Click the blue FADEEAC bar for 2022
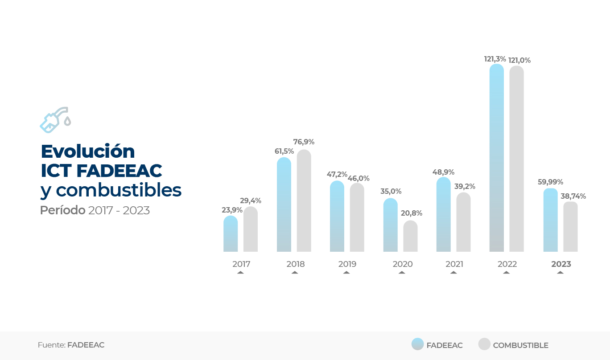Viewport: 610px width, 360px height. coord(496,158)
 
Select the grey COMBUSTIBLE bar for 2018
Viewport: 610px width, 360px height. coord(304,201)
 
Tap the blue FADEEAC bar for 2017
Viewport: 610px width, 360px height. coord(231,234)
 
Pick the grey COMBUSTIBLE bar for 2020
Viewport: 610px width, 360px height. coord(410,237)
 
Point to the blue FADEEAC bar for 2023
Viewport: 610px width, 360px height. coord(550,220)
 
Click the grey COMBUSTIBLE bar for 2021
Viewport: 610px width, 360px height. coord(463,222)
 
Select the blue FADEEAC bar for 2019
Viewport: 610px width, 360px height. coord(337,217)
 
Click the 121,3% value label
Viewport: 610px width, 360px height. coord(495,59)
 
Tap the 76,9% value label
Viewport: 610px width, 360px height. coord(304,142)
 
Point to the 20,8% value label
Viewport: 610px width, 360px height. coord(411,213)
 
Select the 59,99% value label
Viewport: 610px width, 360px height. coord(550,182)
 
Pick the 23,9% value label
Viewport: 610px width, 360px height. coord(232,210)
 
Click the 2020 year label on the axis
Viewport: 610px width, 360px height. coord(402,264)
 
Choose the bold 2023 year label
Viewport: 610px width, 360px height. coord(561,264)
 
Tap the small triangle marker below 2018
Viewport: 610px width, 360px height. coord(295,272)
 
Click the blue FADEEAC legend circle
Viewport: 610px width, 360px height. coord(417,344)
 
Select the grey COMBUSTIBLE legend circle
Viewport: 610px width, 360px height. coord(484,344)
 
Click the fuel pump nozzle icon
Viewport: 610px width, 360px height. coord(55,120)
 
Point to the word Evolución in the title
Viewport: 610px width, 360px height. coord(87,151)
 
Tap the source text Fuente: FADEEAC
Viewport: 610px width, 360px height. coord(71,345)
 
